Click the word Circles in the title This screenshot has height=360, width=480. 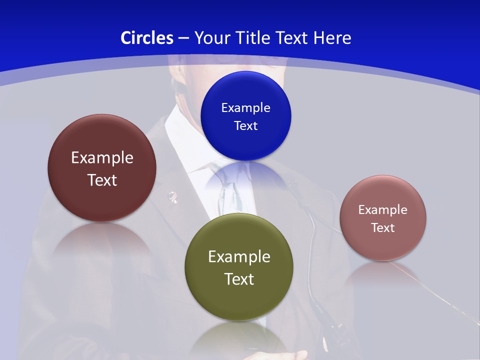[147, 37]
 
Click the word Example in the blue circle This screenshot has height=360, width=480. [245, 107]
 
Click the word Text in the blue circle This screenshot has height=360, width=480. [245, 125]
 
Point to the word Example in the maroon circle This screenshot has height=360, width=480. [102, 157]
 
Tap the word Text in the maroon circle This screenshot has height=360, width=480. [102, 180]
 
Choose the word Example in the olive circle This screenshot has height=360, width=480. [239, 256]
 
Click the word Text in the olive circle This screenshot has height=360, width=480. [239, 279]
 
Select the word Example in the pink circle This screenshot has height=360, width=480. [383, 209]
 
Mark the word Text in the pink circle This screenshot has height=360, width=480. [383, 227]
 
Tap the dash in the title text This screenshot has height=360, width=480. [183, 38]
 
